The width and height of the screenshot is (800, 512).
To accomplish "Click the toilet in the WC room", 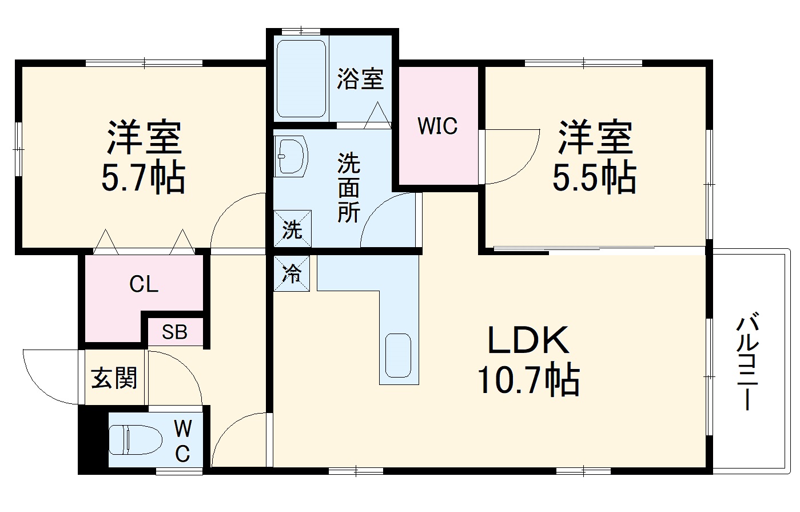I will coord(135,439).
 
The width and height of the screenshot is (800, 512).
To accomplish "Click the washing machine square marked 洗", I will coord(292,229).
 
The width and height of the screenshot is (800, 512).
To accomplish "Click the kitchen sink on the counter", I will coord(398,355).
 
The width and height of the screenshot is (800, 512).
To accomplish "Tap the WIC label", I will coord(437,126).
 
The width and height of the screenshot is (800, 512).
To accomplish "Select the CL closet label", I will coord(144,284).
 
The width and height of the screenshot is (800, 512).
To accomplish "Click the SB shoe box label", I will coord(174,332).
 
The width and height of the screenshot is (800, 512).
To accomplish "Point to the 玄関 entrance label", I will coord(114,378).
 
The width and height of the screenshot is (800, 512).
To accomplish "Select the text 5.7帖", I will coord(143,178).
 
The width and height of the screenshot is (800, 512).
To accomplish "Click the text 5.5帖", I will coord(594,177).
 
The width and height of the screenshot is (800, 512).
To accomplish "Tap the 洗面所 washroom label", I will coord(348,188).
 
